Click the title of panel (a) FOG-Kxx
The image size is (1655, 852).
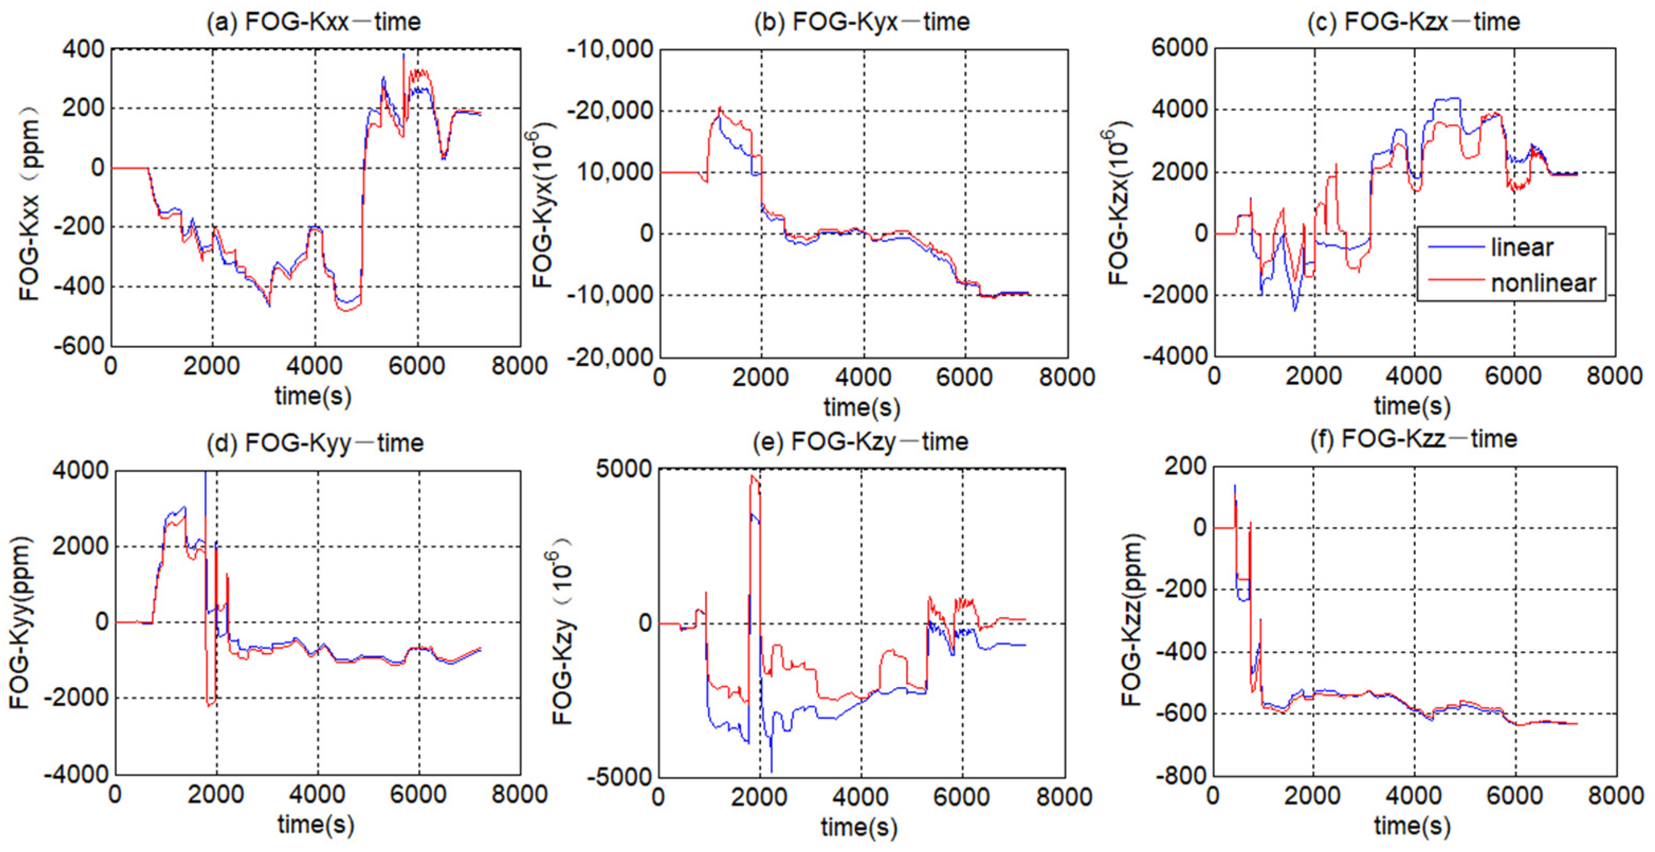[x=313, y=22]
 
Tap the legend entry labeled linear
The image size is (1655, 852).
[x=1521, y=248]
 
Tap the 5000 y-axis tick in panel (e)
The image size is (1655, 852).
[x=623, y=469]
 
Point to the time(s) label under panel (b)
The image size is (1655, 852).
[x=862, y=407]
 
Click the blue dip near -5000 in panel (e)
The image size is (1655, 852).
[x=771, y=769]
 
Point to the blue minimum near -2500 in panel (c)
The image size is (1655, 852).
[x=1295, y=310]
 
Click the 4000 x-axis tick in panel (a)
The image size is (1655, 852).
[x=314, y=367]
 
